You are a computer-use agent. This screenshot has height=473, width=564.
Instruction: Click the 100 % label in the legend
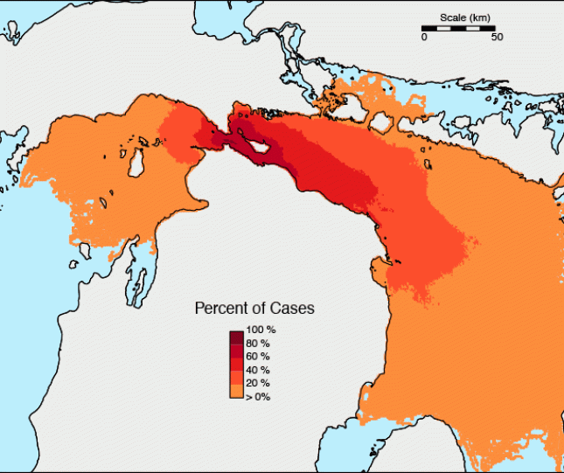pyautogui.click(x=261, y=330)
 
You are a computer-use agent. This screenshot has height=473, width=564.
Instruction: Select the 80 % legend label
pyautogui.click(x=259, y=343)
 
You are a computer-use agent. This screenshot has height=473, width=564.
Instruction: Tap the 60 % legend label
pyautogui.click(x=259, y=357)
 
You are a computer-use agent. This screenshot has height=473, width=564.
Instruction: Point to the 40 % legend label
pyautogui.click(x=259, y=370)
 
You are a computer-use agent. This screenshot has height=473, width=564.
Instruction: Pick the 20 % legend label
pyautogui.click(x=259, y=383)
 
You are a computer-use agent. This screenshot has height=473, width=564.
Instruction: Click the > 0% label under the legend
pyautogui.click(x=258, y=397)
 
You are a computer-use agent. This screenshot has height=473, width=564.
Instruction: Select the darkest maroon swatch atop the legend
pyautogui.click(x=236, y=337)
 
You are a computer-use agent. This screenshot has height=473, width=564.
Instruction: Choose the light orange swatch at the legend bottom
pyautogui.click(x=236, y=390)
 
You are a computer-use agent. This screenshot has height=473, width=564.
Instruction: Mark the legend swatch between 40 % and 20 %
pyautogui.click(x=236, y=377)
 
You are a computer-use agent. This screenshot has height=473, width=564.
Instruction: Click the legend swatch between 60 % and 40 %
pyautogui.click(x=236, y=364)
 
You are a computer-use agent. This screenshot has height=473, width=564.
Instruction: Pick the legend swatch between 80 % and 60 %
pyautogui.click(x=236, y=350)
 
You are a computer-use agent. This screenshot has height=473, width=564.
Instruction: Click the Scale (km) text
pyautogui.click(x=464, y=17)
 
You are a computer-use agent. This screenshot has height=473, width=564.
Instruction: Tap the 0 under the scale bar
pyautogui.click(x=424, y=38)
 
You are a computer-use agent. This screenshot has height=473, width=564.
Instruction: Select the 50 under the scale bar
pyautogui.click(x=496, y=38)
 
